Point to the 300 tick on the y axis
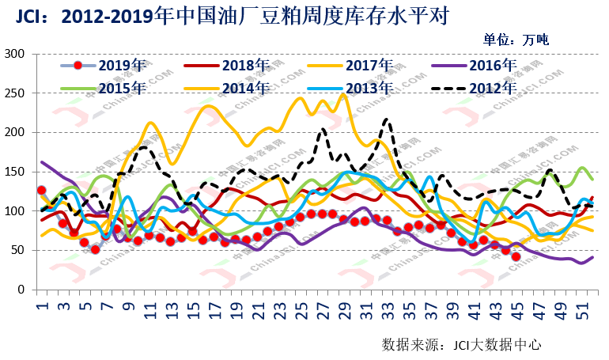pos(15,55)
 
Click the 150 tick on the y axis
pos(15,172)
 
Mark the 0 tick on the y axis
pos(22,290)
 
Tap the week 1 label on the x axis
pos(42,304)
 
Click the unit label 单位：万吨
pos(515,39)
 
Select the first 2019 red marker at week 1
pos(42,190)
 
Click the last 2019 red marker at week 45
pos(516,256)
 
